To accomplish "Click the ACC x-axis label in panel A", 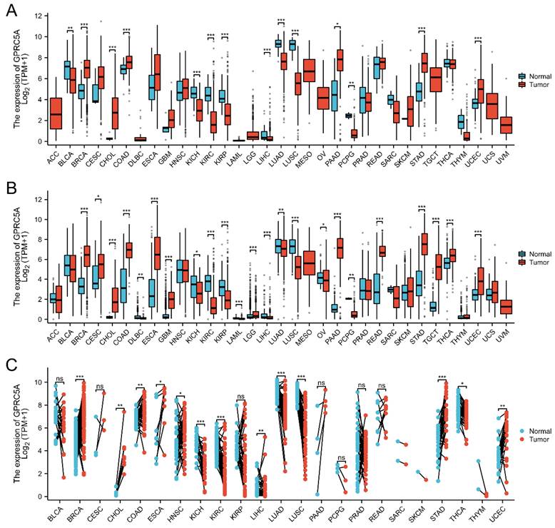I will pyautogui.click(x=51, y=156).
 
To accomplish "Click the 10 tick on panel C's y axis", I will pyautogui.click(x=41, y=382).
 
